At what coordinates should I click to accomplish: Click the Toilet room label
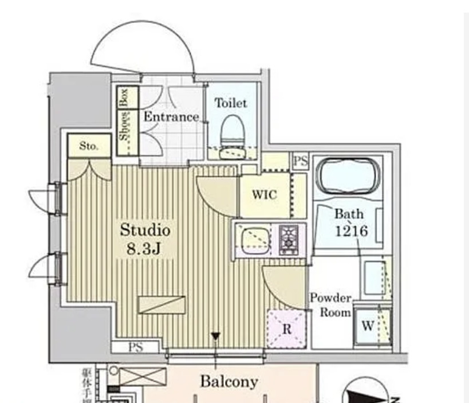pyautogui.click(x=231, y=103)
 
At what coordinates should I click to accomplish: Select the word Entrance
pyautogui.click(x=171, y=117)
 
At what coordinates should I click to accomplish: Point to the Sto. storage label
pyautogui.click(x=88, y=146)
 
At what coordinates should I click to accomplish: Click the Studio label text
pyautogui.click(x=145, y=230)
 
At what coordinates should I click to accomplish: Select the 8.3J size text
pyautogui.click(x=145, y=250)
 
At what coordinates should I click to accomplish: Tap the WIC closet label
pyautogui.click(x=264, y=195)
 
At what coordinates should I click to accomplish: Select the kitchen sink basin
pyautogui.click(x=255, y=240)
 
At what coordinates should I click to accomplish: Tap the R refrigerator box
pyautogui.click(x=286, y=329)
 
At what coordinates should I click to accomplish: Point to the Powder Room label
pyautogui.click(x=330, y=306)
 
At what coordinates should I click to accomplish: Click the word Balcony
pyautogui.click(x=228, y=381)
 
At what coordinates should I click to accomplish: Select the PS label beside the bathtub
pyautogui.click(x=301, y=161)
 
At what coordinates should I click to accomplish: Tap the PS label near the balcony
pyautogui.click(x=136, y=347)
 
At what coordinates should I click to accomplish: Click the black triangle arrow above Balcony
pyautogui.click(x=215, y=336)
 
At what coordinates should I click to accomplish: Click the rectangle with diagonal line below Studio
pyautogui.click(x=162, y=304)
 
